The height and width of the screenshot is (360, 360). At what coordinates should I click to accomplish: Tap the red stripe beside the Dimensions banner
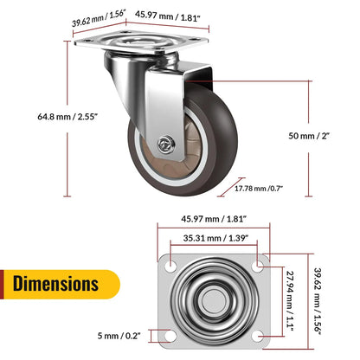(4, 283)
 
